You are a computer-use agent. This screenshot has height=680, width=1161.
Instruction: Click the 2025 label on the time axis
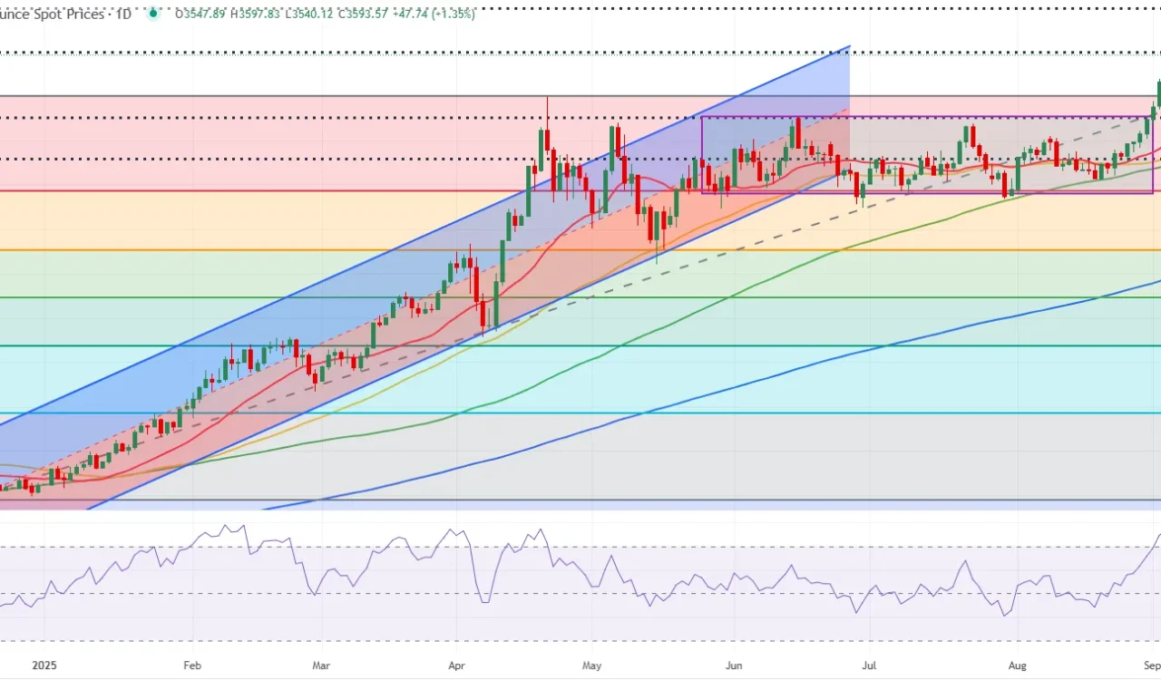pos(44,665)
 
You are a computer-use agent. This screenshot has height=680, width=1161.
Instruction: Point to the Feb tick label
pos(191,665)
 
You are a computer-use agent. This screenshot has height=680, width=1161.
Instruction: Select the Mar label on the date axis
pos(320,665)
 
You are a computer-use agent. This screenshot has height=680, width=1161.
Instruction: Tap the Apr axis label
pos(455,665)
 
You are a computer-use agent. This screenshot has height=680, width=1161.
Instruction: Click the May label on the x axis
pos(591,665)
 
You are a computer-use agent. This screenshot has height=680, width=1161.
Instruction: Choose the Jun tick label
pos(734,665)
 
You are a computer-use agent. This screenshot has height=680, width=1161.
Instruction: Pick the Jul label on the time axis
pos(869,665)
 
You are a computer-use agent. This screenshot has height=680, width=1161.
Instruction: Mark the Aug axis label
pos(1018,665)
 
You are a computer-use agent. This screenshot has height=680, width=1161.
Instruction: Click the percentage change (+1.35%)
pos(454,14)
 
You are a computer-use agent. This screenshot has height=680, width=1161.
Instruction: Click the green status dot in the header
pos(153,13)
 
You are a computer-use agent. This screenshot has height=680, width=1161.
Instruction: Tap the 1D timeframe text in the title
pos(121,14)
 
